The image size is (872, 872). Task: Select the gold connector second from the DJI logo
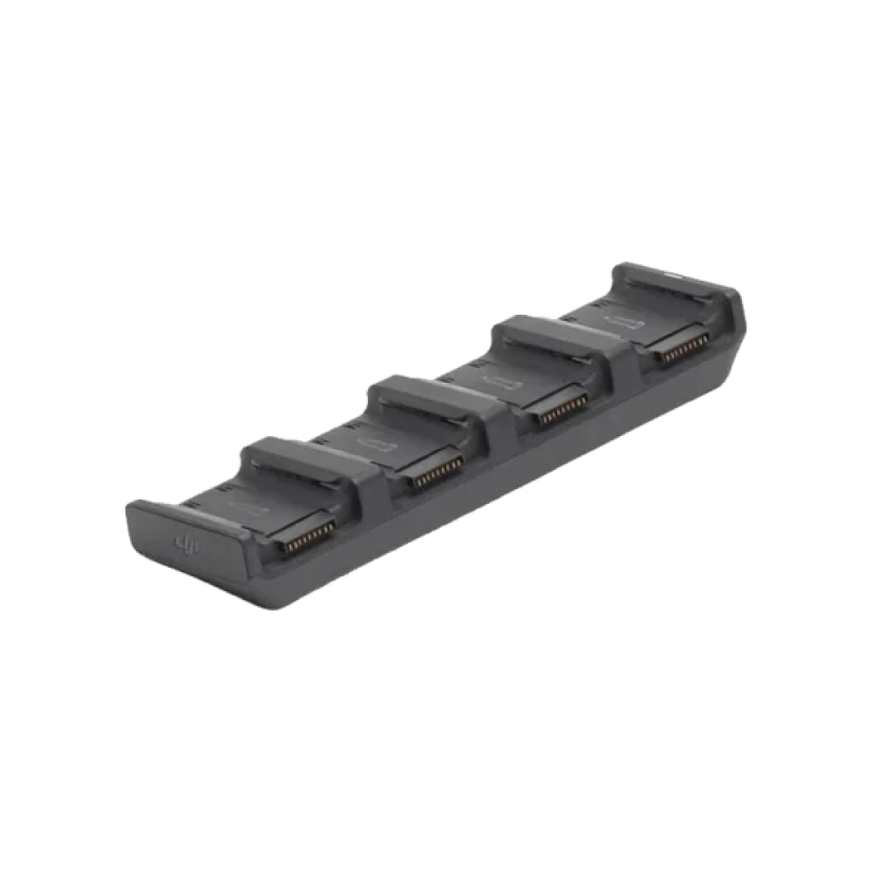pyautogui.click(x=434, y=473)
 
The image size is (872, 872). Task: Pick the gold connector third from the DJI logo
pyautogui.click(x=560, y=412)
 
